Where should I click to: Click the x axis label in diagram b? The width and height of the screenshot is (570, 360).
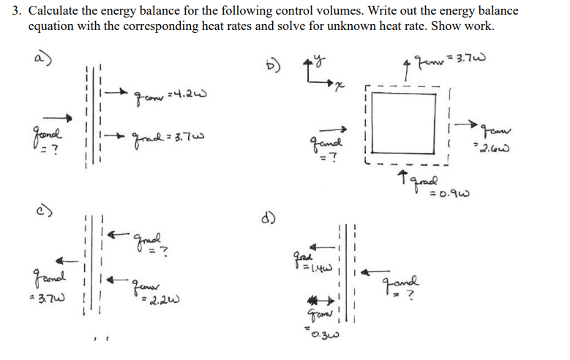(339, 87)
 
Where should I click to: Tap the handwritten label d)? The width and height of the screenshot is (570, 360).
(269, 217)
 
